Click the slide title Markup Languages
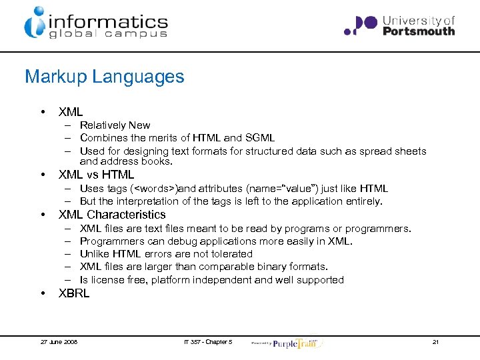[x=104, y=77]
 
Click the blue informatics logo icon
[x=34, y=22]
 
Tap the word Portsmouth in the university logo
[x=419, y=31]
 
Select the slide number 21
[x=435, y=342]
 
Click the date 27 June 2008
[x=59, y=342]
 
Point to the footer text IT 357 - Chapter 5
[x=208, y=342]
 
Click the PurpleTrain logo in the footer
[x=297, y=342]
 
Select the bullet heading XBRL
[x=74, y=293]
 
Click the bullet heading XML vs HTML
[x=97, y=175]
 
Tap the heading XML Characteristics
[x=112, y=215]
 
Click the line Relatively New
[x=115, y=125]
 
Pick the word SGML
[x=259, y=138]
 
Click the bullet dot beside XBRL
[x=43, y=293]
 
